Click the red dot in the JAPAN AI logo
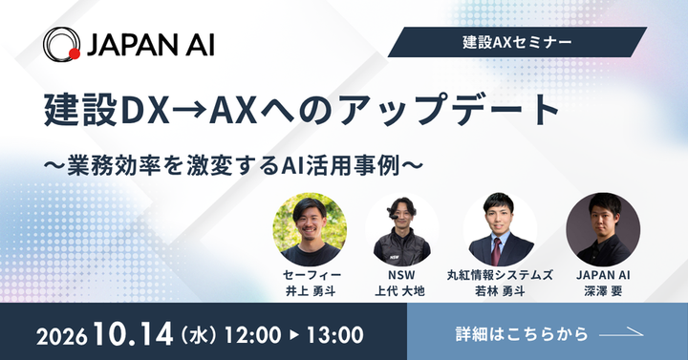[x=75, y=53]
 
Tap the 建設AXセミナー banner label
[x=517, y=42]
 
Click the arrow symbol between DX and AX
[x=189, y=110]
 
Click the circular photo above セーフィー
[x=310, y=229]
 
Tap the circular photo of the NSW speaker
[x=402, y=229]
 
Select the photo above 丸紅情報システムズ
[x=500, y=229]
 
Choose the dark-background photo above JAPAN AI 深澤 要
[x=603, y=229]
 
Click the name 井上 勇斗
[x=311, y=291]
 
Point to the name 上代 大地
[x=399, y=291]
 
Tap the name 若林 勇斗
[x=500, y=291]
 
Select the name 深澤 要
[x=603, y=291]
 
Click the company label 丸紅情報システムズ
[x=500, y=275]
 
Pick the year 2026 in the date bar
[x=61, y=337]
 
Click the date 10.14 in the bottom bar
[x=134, y=334]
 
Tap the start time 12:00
[x=252, y=335]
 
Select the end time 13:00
[x=334, y=335]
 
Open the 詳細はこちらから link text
[x=522, y=333]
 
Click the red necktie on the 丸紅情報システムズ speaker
[x=496, y=251]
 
